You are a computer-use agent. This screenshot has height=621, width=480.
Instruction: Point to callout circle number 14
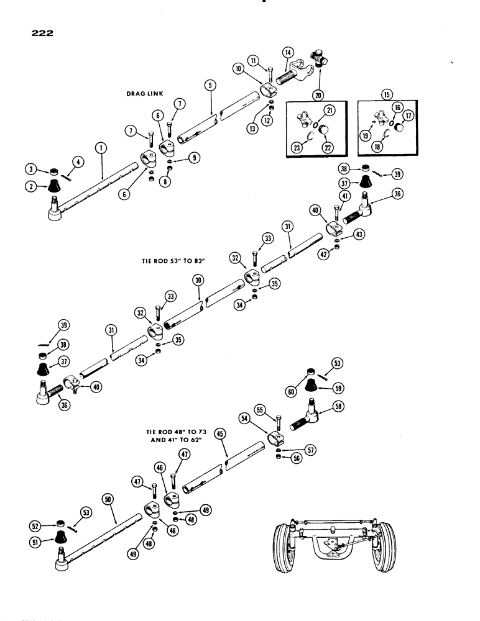click(288, 52)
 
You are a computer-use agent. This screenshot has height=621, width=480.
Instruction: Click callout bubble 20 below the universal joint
click(319, 95)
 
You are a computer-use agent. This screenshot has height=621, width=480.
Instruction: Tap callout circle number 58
click(357, 406)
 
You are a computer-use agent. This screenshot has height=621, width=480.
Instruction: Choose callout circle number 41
click(344, 195)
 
